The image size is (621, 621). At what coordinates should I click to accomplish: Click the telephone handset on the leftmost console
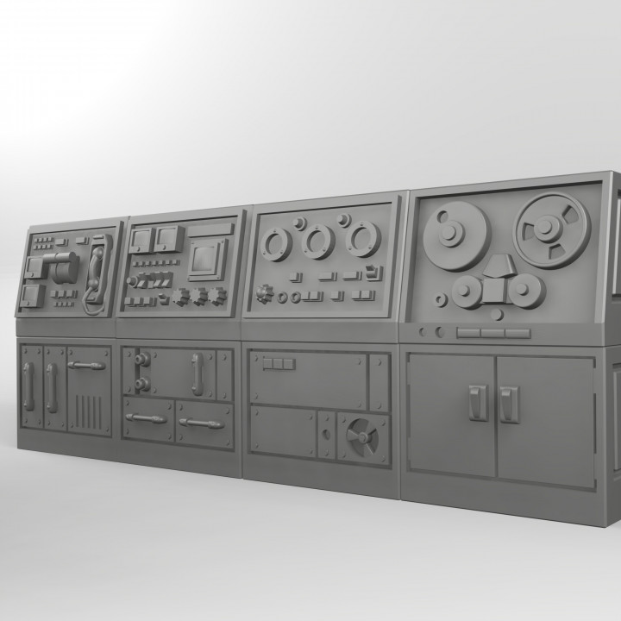pos(96,274)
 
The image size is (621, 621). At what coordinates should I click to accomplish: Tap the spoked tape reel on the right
pos(551,229)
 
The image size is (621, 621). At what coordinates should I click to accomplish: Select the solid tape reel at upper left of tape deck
pos(455,235)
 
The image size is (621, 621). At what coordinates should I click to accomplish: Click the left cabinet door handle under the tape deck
pos(478,402)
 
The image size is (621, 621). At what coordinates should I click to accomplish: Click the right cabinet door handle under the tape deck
pos(508,404)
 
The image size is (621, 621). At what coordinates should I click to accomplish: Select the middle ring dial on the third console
pos(317,241)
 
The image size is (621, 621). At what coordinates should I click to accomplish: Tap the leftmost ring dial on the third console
pos(276,245)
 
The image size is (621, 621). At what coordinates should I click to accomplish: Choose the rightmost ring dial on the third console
pos(363,238)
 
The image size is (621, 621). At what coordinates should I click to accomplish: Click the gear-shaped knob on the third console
pos(265,293)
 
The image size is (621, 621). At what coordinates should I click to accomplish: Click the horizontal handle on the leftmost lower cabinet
pos(86,366)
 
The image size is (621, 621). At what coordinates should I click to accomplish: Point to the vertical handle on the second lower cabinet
pos(198,373)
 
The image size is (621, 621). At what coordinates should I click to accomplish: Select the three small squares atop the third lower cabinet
pos(277,364)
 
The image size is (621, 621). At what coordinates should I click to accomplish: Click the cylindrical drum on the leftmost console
pos(63,267)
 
